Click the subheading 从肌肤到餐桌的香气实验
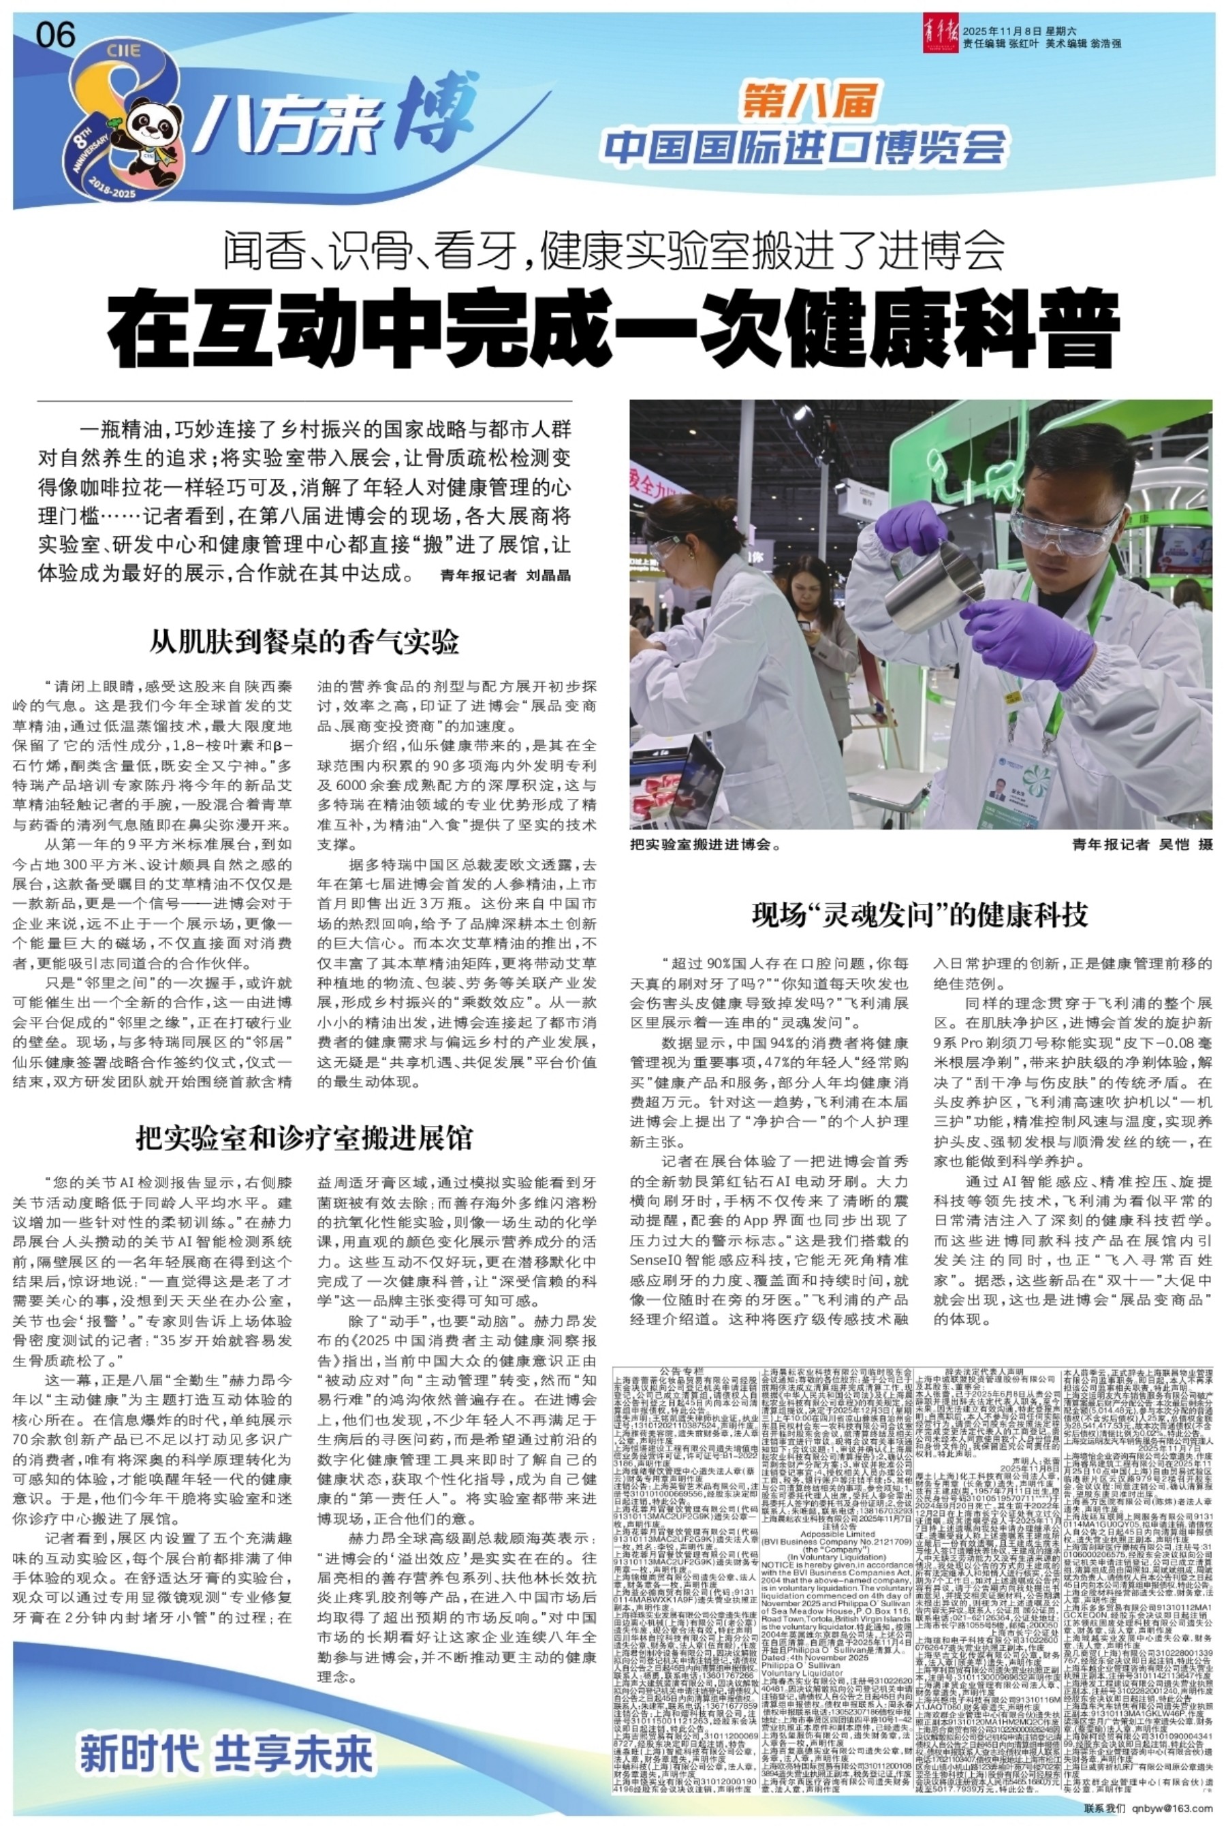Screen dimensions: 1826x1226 coord(304,642)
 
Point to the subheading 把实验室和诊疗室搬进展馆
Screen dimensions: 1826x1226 coord(304,1138)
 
